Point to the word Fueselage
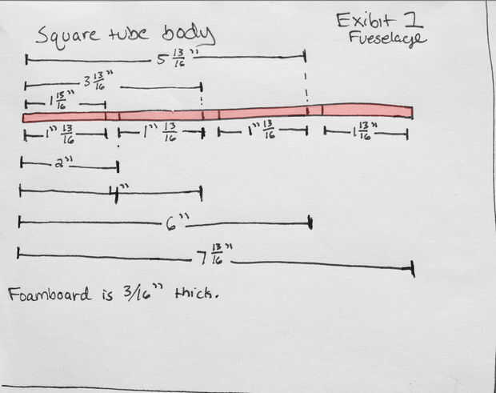[x=387, y=38]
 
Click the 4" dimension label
[x=121, y=190]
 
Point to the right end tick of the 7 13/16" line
[x=414, y=268]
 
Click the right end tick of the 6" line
[x=310, y=224]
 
